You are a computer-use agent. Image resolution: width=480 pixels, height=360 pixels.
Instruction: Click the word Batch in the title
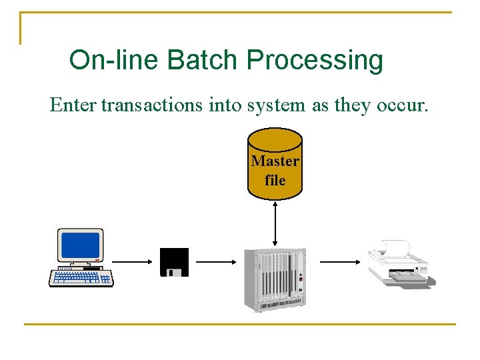(x=203, y=60)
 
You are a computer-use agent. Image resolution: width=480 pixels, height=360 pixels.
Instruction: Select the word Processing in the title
(x=315, y=61)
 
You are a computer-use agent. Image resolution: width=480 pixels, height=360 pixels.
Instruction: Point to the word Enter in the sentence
(x=73, y=105)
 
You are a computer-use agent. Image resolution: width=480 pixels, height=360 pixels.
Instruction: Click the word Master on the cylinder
(x=275, y=161)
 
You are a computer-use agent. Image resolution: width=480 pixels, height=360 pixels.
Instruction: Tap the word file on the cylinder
(x=275, y=180)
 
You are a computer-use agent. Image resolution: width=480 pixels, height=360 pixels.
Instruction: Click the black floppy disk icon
(x=174, y=262)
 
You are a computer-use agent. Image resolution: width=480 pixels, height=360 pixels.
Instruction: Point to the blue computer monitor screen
(x=79, y=245)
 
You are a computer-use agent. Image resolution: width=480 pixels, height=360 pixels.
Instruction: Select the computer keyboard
(x=81, y=277)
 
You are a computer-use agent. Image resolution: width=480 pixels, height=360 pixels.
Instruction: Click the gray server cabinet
(x=275, y=279)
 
